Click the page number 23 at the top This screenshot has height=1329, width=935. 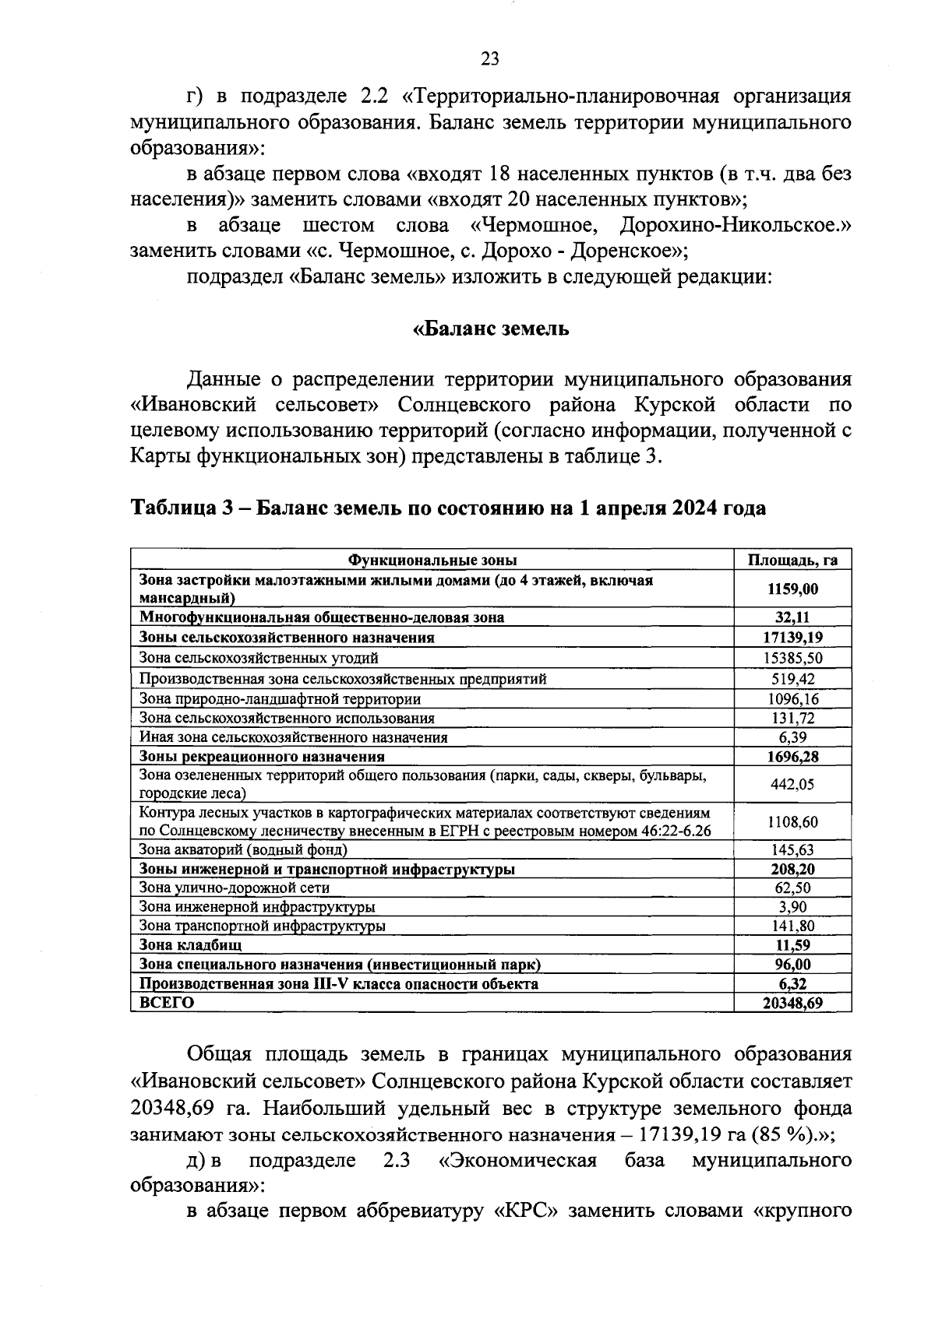pyautogui.click(x=490, y=58)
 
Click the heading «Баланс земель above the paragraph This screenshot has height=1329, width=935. pyautogui.click(x=491, y=329)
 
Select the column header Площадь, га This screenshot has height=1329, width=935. pyautogui.click(x=792, y=560)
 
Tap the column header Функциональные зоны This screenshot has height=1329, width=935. pyautogui.click(x=432, y=560)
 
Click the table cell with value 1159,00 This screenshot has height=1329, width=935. pyautogui.click(x=792, y=589)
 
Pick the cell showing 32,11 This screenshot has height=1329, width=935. pyautogui.click(x=792, y=617)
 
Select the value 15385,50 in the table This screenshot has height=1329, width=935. pyautogui.click(x=792, y=658)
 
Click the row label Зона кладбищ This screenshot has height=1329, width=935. pyautogui.click(x=190, y=945)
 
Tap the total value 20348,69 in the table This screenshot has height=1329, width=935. pyautogui.click(x=792, y=1003)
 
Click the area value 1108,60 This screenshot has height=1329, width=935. pyautogui.click(x=792, y=821)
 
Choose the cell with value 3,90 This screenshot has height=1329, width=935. pyautogui.click(x=792, y=907)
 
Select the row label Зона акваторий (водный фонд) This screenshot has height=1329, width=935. pyautogui.click(x=243, y=850)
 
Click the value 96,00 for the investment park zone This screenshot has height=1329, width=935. pyautogui.click(x=792, y=965)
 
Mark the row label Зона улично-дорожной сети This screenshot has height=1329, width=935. pyautogui.click(x=234, y=888)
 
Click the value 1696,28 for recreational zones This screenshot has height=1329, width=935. pyautogui.click(x=792, y=756)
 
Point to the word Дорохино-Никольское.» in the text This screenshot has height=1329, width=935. pyautogui.click(x=735, y=226)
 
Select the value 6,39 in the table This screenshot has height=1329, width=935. pyautogui.click(x=792, y=737)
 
